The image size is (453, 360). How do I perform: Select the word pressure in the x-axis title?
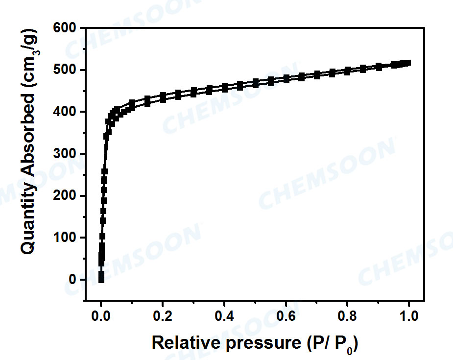254,343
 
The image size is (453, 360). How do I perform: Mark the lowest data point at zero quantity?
101,280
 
